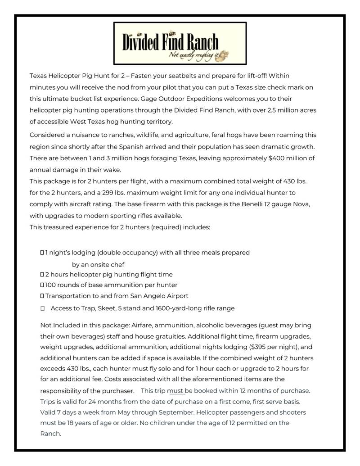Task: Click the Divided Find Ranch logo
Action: coord(180,43)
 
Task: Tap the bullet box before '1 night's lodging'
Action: coord(42,253)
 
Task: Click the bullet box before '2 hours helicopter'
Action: coord(42,274)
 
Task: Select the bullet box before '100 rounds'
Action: coord(42,285)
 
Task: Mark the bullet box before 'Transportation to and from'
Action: coord(42,296)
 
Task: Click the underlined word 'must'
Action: coord(175,390)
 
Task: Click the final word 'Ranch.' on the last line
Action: coord(50,434)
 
